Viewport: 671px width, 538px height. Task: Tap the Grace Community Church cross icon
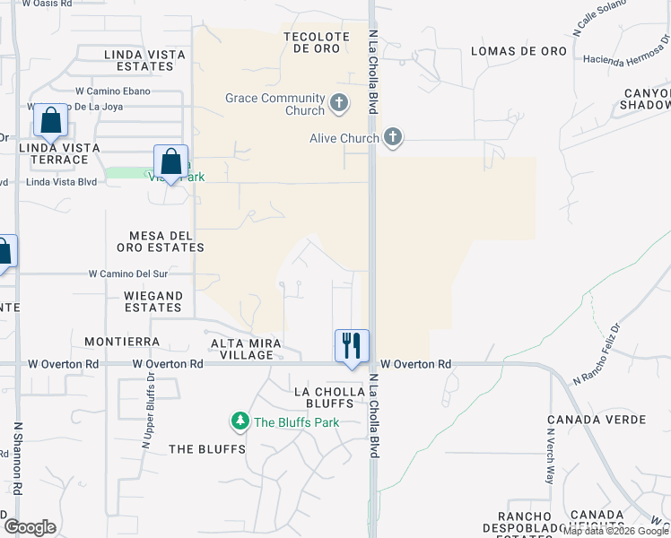(x=339, y=104)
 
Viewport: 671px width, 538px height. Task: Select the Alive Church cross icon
(x=392, y=138)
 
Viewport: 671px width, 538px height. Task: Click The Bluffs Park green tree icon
(x=240, y=421)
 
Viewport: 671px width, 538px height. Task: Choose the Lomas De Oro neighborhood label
(x=520, y=51)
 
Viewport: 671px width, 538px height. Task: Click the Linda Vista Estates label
(x=144, y=60)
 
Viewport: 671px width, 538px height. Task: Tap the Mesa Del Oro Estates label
(x=161, y=240)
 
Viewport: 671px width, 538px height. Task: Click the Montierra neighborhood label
(x=122, y=342)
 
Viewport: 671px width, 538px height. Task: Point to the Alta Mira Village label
(x=241, y=349)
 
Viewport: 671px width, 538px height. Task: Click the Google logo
(x=30, y=527)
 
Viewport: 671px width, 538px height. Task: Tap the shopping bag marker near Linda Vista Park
(x=170, y=163)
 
